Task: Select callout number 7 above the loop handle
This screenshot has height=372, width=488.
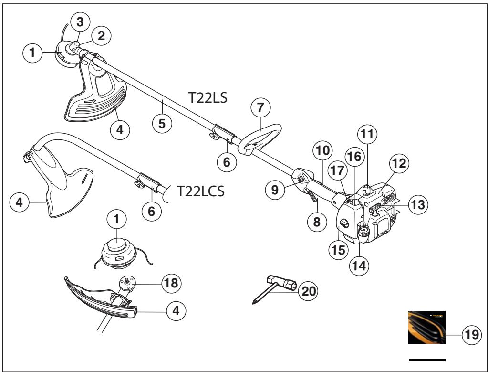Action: tap(260, 108)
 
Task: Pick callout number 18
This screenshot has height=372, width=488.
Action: tap(170, 283)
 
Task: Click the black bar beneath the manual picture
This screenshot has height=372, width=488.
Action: tap(427, 359)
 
